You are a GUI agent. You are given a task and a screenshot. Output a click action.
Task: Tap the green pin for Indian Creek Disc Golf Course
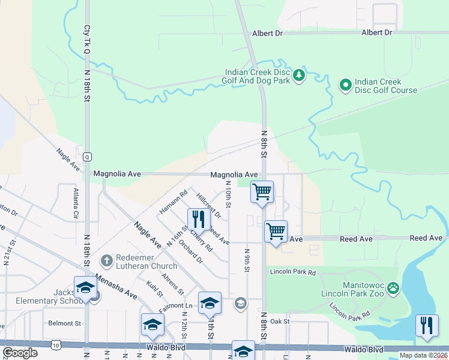tap(345, 86)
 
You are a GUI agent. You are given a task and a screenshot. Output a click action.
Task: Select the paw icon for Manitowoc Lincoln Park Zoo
tap(393, 289)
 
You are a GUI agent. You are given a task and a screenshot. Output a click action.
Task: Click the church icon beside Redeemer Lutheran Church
tap(106, 260)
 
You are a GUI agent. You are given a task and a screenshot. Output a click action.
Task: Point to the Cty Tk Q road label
tap(87, 40)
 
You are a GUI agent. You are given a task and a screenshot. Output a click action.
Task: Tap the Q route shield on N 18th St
tap(87, 157)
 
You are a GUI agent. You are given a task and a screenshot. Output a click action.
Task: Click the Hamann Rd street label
tap(173, 202)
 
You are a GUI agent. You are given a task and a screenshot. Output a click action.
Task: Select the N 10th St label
tap(228, 193)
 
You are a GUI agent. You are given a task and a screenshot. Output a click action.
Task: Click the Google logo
tap(20, 353)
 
